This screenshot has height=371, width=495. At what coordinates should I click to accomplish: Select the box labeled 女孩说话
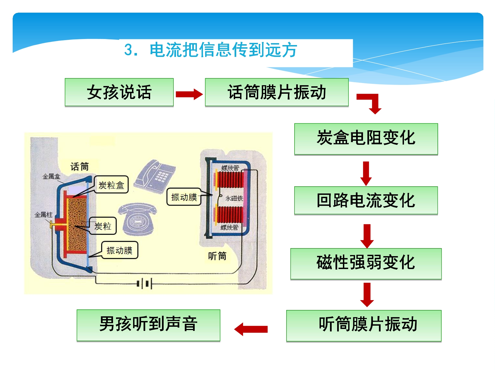(x=119, y=92)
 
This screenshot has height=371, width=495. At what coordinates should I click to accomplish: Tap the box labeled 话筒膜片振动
(x=277, y=92)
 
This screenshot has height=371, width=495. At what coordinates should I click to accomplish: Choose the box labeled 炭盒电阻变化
(x=366, y=139)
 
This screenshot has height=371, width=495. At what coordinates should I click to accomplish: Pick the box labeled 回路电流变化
(x=366, y=200)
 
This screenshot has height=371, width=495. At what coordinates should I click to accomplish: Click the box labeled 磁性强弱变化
(x=366, y=264)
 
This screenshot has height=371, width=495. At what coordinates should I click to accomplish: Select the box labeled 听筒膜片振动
(x=364, y=326)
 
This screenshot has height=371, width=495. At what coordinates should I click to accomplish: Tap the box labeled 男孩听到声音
(x=148, y=325)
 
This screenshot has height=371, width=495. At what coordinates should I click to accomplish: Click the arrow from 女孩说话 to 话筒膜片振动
(x=189, y=94)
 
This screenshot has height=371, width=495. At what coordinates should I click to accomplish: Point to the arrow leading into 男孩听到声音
(x=251, y=329)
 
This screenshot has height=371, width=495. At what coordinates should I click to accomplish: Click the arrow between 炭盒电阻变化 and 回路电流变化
(x=366, y=173)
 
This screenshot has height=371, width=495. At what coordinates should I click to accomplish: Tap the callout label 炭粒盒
(x=111, y=185)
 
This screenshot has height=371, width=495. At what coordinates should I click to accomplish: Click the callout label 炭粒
(x=103, y=226)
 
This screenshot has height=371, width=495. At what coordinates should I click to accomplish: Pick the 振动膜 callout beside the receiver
(x=184, y=197)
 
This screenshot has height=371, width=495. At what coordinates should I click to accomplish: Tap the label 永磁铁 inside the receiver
(x=234, y=198)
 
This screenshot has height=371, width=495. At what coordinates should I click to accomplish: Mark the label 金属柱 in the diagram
(x=43, y=215)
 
